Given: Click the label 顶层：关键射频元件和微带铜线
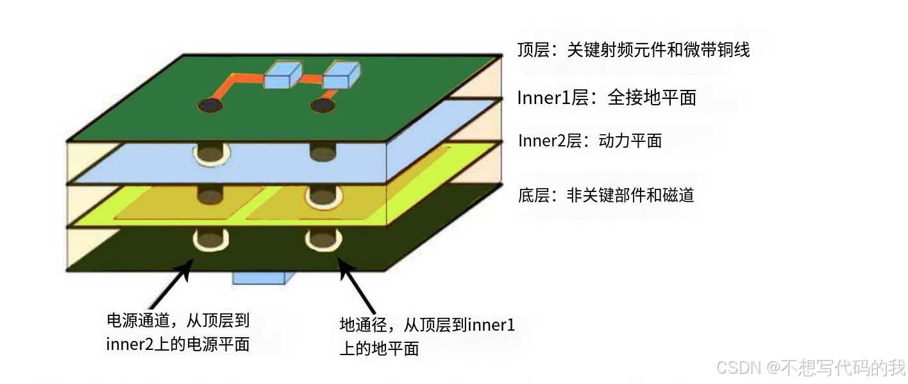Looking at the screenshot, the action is [633, 50].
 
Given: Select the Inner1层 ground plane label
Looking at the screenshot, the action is [606, 98].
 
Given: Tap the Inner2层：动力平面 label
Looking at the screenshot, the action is [589, 141].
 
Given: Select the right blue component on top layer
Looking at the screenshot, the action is [340, 76].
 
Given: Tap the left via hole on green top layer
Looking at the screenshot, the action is [209, 105].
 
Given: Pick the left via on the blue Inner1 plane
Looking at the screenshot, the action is [210, 153].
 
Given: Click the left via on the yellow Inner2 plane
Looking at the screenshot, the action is [210, 194].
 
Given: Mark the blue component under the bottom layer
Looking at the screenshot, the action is [263, 277].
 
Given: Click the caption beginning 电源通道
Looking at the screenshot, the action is [178, 332].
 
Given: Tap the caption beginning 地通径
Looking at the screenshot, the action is [426, 336].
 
